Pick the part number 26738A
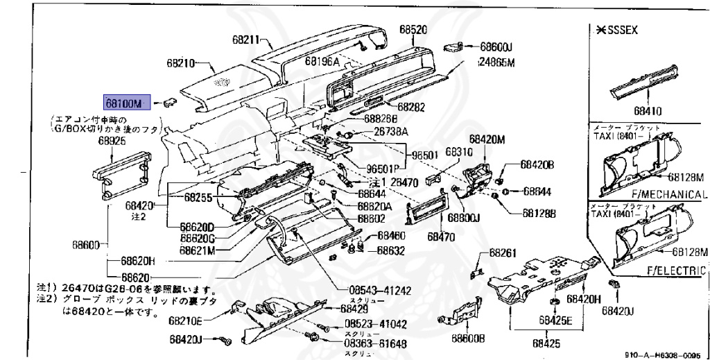pos(390,132)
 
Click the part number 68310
pos(458,151)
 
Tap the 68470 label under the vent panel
pos(440,236)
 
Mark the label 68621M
pos(198,249)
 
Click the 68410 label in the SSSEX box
pos(645,110)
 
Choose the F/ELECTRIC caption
pos(676,270)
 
